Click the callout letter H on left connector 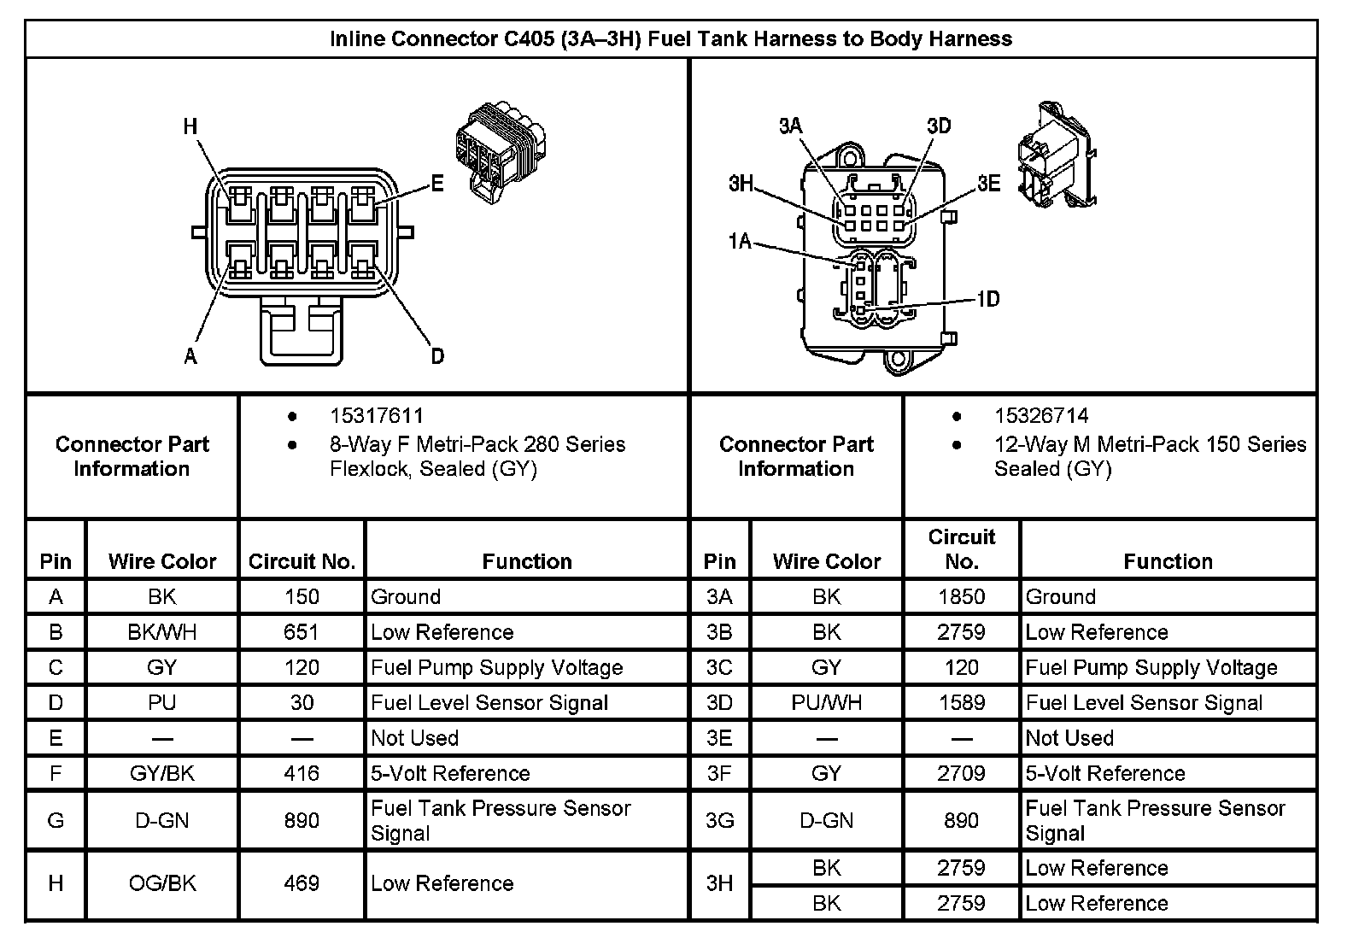click(190, 127)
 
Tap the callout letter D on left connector click(437, 356)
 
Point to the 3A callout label click(790, 126)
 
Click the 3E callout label click(989, 184)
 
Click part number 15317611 click(377, 416)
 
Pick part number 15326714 click(1041, 416)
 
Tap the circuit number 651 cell click(302, 632)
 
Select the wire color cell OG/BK click(162, 883)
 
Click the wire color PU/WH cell click(826, 703)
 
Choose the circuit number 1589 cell click(961, 703)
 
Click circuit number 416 click(302, 773)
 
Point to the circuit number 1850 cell click(961, 597)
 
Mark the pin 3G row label click(720, 821)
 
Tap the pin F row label click(56, 773)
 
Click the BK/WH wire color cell click(162, 632)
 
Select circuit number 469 click(302, 883)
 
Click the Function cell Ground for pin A click(406, 597)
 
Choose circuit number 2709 click(961, 773)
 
